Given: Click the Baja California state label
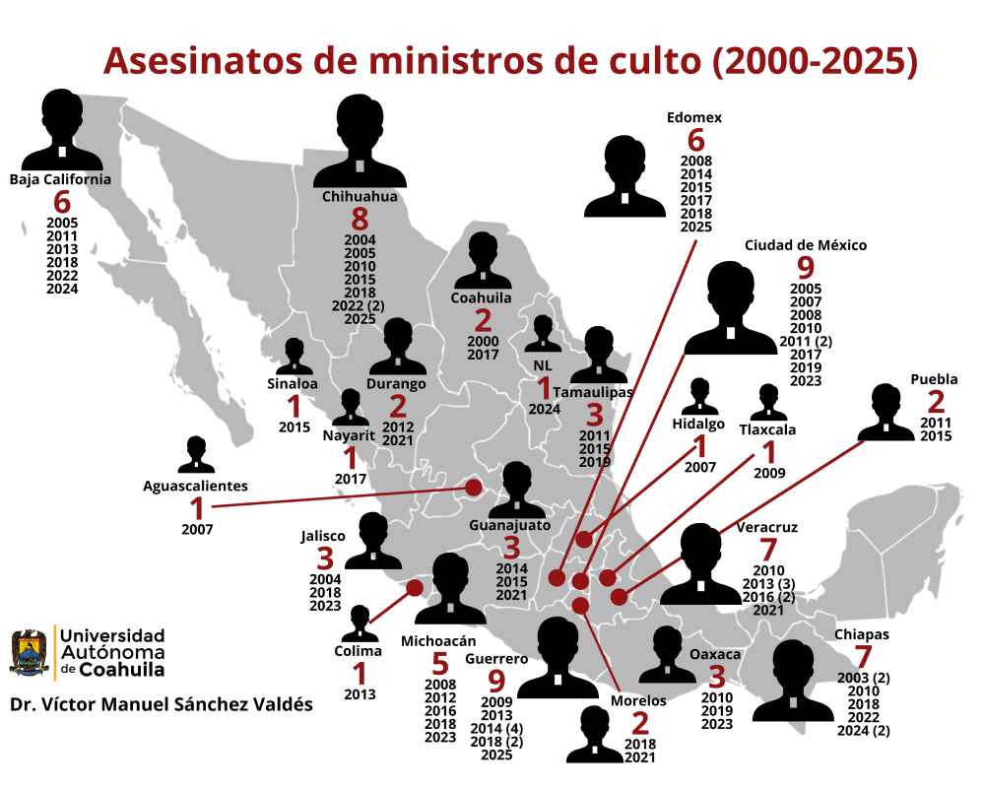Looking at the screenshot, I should pos(60,179).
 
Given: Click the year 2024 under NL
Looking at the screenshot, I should pos(543,409).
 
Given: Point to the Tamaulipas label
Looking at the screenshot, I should pos(593,392).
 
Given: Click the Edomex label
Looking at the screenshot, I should pos(694,117).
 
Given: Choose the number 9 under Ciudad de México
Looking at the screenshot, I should pos(805,269).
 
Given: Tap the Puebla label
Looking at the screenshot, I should pos(934,379).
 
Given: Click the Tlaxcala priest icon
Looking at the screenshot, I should pos(768,402).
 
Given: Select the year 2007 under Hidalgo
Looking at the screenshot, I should pos(700,467).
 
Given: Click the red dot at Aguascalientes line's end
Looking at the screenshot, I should pos(474,487).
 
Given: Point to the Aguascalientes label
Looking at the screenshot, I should pos(195,485).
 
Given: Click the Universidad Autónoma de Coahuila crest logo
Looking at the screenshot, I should pos(31,653).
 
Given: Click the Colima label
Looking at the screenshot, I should pos(360,649).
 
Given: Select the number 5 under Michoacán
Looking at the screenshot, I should pos(439,666).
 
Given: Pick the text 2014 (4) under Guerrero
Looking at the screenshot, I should pos(496,728).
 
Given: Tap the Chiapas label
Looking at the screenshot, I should pos(862,634).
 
